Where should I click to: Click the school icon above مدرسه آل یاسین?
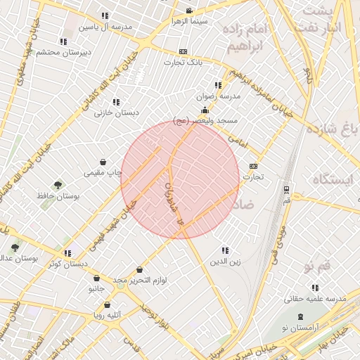point(105,15)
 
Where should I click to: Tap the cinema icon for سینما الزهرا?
point(189,11)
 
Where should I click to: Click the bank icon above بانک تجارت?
point(184,51)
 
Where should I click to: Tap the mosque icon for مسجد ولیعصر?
point(205,110)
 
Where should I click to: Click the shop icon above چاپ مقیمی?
point(103,162)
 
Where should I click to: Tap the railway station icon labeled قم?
point(286,189)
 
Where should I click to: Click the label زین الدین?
point(225,262)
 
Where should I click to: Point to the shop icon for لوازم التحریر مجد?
point(140,269)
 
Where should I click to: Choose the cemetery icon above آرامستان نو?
point(301,317)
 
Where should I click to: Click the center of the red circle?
point(180,179)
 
